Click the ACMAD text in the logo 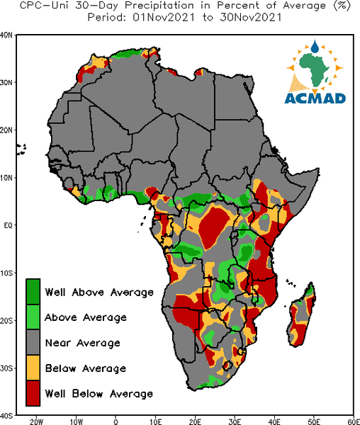click(315, 98)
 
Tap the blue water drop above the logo click(315, 47)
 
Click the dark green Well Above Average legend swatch click(33, 292)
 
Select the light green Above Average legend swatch click(33, 317)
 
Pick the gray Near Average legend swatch click(33, 342)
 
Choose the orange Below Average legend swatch click(33, 368)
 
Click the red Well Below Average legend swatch click(33, 393)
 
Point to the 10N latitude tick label click(6, 178)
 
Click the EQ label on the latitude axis click(8, 225)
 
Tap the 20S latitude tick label click(6, 321)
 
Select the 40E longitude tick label click(274, 421)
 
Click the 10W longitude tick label click(76, 421)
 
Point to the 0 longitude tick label click(116, 421)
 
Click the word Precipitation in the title click(159, 6)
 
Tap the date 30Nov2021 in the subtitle click(251, 18)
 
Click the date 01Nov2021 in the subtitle click(164, 18)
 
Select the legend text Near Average click(83, 343)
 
